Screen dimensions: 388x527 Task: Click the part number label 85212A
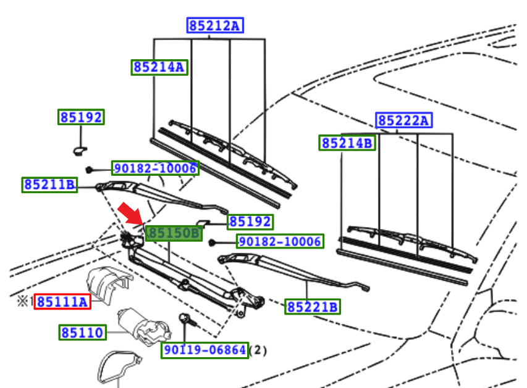[x=215, y=25]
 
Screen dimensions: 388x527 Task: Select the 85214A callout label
[x=159, y=67]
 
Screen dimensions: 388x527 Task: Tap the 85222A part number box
[x=404, y=120]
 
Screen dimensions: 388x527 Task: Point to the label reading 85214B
[x=347, y=143]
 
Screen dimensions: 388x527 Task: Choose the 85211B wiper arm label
[x=50, y=184]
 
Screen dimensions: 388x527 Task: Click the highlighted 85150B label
[x=174, y=233]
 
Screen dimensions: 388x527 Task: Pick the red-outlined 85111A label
[x=62, y=301]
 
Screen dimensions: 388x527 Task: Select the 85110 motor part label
[x=83, y=333]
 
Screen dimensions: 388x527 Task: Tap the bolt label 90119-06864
[x=205, y=350]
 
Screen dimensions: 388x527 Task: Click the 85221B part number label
[x=313, y=306]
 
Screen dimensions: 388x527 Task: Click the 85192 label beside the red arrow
[x=250, y=221]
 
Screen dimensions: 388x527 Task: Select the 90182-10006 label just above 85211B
[x=155, y=168]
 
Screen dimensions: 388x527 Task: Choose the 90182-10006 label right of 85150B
[x=280, y=242]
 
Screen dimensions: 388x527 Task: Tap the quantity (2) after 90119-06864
[x=258, y=350]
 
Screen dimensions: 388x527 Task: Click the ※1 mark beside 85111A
[x=24, y=301]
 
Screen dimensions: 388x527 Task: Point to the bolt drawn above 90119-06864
[x=184, y=320]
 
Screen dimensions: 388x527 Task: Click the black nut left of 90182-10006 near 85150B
[x=211, y=242]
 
